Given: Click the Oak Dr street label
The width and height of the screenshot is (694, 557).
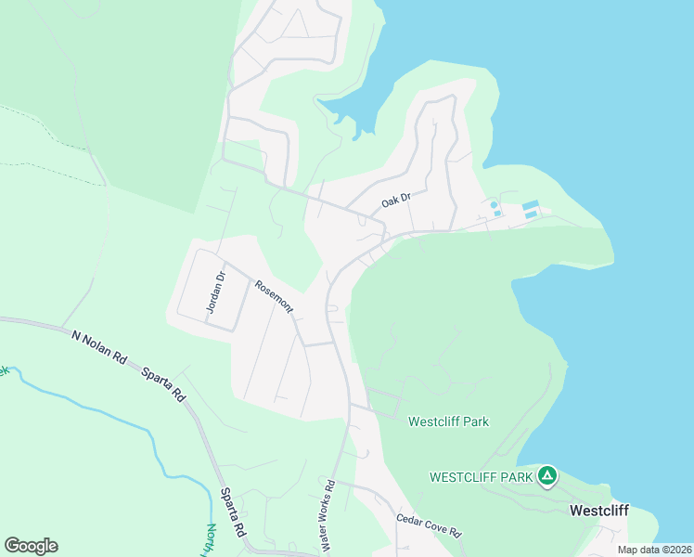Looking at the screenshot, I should (x=395, y=201).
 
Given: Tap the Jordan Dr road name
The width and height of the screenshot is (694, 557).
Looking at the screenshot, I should (x=215, y=291).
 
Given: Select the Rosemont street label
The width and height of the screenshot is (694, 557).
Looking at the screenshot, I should (x=275, y=296).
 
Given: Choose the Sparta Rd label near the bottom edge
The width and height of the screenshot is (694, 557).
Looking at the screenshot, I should (x=232, y=513).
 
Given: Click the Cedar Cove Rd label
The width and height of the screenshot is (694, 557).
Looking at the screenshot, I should (x=429, y=525).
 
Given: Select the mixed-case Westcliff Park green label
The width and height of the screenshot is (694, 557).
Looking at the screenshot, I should (x=448, y=421).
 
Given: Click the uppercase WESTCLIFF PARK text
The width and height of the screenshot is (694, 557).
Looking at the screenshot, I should (x=481, y=477).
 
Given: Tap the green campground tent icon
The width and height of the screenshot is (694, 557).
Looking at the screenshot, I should (x=547, y=476).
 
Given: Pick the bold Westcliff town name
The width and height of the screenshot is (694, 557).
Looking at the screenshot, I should (x=599, y=511).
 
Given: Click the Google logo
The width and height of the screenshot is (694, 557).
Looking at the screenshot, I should (x=31, y=546).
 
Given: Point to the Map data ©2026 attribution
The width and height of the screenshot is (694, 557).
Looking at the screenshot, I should (x=654, y=550).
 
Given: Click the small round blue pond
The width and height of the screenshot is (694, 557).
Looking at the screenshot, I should (x=494, y=204).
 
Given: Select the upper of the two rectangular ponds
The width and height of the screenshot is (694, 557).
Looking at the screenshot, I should (x=531, y=204).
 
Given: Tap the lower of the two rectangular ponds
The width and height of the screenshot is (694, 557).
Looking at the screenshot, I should (x=531, y=214).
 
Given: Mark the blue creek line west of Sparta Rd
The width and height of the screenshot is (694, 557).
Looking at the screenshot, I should (x=111, y=413).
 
